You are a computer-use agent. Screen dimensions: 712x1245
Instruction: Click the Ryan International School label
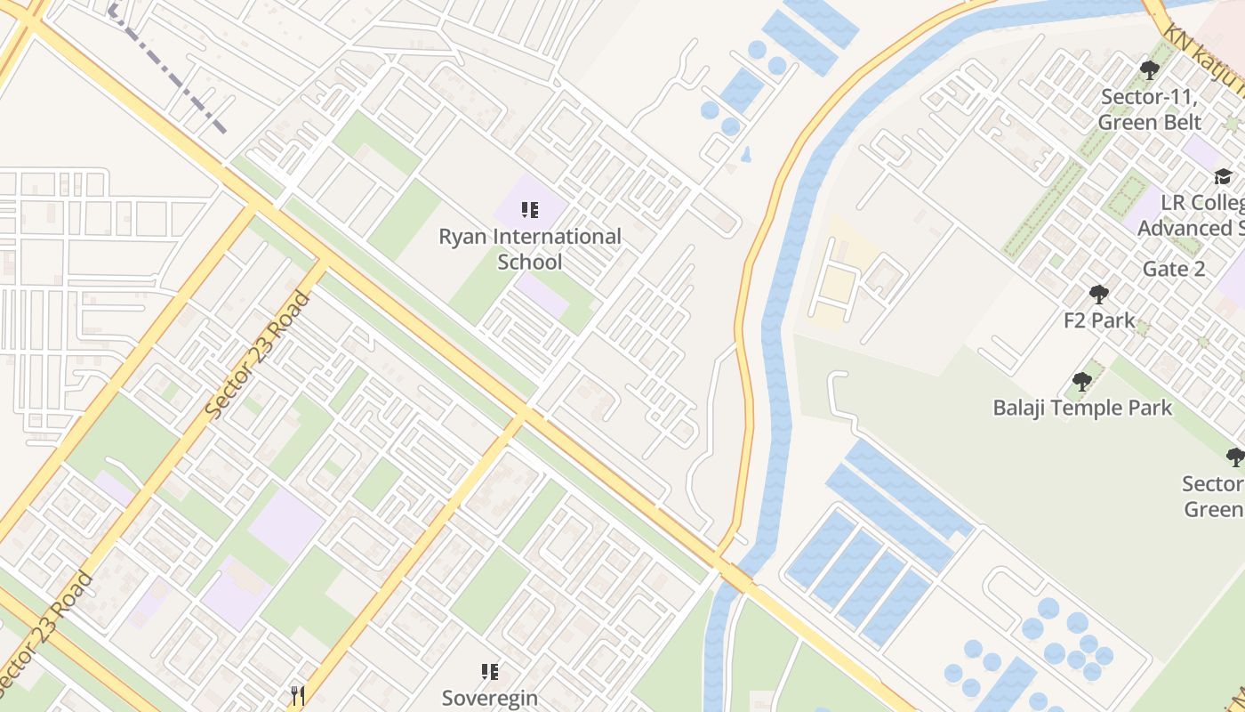tap(530, 249)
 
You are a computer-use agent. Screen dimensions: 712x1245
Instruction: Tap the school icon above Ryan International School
tap(530, 211)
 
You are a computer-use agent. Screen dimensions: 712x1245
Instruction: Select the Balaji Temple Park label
tap(1082, 409)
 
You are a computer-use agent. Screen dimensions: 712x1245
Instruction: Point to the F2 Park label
tap(1099, 320)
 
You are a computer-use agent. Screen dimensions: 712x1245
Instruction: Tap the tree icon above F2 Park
tap(1099, 295)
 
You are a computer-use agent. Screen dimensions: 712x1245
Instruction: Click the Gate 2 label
tap(1174, 269)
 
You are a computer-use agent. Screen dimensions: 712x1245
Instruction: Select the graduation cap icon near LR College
tap(1223, 176)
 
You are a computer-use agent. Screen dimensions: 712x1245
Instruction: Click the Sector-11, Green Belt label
tap(1150, 109)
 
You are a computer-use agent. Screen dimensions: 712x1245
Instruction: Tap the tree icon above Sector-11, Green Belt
tap(1150, 69)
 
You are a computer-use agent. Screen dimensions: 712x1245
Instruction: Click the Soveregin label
tap(490, 698)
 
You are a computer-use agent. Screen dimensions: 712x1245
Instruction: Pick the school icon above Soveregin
tap(490, 672)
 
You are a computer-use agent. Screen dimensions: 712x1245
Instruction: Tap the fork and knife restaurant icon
tap(298, 695)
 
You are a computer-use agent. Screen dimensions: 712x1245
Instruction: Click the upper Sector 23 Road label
tap(257, 356)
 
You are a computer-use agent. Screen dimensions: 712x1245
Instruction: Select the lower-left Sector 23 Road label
tap(44, 634)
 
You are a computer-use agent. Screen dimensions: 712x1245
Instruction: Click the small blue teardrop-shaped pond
tap(746, 154)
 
